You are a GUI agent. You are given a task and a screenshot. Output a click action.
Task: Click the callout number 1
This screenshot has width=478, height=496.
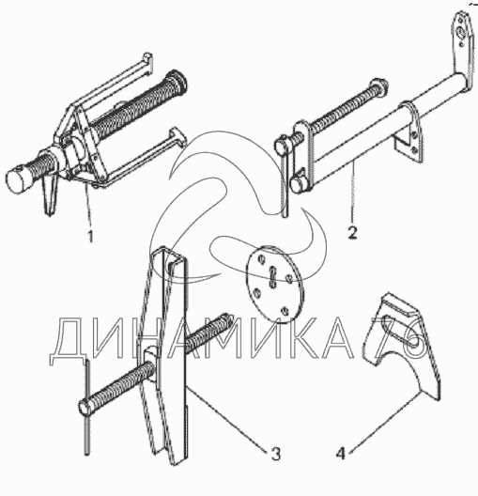click(x=91, y=237)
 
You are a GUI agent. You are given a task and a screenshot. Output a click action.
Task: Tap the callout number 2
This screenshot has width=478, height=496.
click(x=352, y=233)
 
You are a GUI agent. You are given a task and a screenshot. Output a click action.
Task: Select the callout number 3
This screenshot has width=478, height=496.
click(x=276, y=454)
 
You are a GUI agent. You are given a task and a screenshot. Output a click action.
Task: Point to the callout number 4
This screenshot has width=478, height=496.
click(x=341, y=454)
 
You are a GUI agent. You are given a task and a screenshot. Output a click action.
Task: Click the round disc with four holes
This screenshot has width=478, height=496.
click(x=275, y=284)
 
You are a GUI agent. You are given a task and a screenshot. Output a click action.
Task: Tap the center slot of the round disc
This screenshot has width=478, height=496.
click(x=273, y=277)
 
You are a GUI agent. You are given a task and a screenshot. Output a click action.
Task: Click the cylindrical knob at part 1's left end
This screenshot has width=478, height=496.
click(x=18, y=180)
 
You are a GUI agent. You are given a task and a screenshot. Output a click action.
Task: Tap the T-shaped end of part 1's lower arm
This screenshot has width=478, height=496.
click(x=178, y=137)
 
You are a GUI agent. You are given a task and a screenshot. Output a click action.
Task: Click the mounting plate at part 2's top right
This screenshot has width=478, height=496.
click(x=464, y=45)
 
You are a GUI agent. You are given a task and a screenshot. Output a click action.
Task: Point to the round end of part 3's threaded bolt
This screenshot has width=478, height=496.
click(x=85, y=408)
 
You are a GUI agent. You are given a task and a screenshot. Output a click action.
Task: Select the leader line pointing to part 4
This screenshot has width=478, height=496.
click(x=385, y=420)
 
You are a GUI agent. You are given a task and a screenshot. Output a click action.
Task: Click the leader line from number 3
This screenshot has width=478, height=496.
click(x=226, y=415)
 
